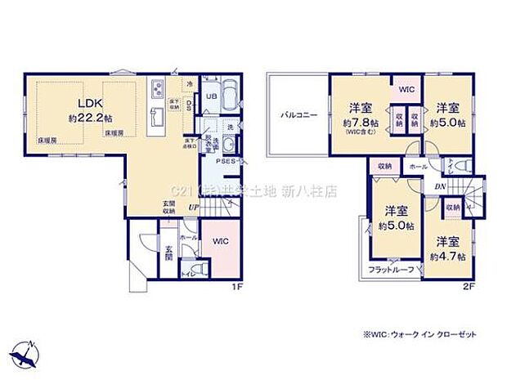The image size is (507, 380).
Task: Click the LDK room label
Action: pyautogui.click(x=89, y=104)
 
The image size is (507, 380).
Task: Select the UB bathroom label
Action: pyautogui.click(x=210, y=96)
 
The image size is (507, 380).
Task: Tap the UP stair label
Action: pyautogui.click(x=191, y=208)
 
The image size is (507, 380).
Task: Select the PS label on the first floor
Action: pyautogui.click(x=220, y=161)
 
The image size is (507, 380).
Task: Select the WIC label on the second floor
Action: pyautogui.click(x=406, y=90)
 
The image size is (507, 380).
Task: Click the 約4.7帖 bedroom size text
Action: pyautogui.click(x=448, y=256)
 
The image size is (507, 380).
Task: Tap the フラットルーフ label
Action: pyautogui.click(x=389, y=269)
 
